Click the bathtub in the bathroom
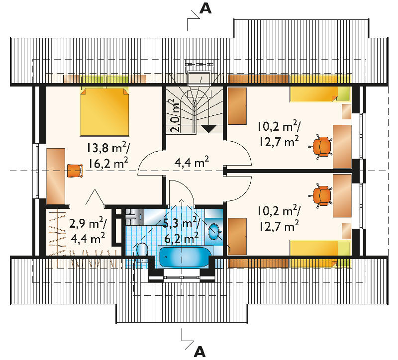tap(185, 257)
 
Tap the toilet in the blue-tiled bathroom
tap(142, 252)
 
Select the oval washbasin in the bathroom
tap(214, 231)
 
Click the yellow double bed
tap(104, 112)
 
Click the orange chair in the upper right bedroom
tap(321, 147)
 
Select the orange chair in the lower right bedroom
tap(321, 195)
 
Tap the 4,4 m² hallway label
tap(192, 162)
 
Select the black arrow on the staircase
tap(208, 129)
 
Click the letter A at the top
tap(205, 8)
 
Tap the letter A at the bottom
tap(199, 352)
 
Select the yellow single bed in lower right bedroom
tap(320, 254)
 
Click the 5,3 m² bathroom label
tap(181, 223)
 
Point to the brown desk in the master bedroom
tap(56, 177)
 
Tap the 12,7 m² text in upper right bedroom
tap(279, 141)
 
